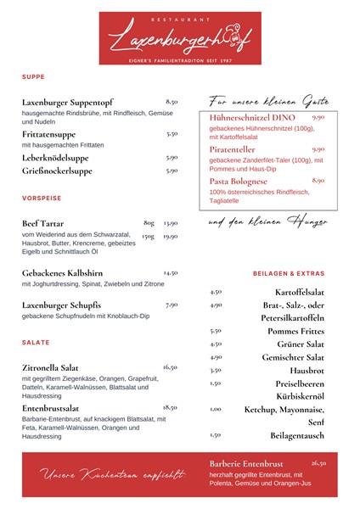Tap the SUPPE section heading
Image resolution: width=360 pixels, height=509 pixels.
34,76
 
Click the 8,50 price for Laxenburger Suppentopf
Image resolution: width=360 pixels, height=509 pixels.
172,101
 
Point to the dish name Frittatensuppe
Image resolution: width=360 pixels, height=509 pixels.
48,134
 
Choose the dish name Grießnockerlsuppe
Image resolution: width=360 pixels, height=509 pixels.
57,171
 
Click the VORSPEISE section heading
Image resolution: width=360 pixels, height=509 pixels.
42,199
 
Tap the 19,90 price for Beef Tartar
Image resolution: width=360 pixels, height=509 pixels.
170,236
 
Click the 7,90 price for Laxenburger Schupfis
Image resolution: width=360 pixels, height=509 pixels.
172,304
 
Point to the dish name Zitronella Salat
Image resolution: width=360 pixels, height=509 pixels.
56,368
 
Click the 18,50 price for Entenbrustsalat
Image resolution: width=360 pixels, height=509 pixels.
170,407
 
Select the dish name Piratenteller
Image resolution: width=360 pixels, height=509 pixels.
239,149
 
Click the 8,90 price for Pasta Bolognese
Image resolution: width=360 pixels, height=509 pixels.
318,180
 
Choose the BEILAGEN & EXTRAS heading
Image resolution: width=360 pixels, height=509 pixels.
289,274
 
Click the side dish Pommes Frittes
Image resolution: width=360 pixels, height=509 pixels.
295,331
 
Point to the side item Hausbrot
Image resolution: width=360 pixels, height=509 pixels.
307,370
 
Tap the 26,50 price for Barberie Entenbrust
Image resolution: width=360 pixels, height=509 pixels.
318,463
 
